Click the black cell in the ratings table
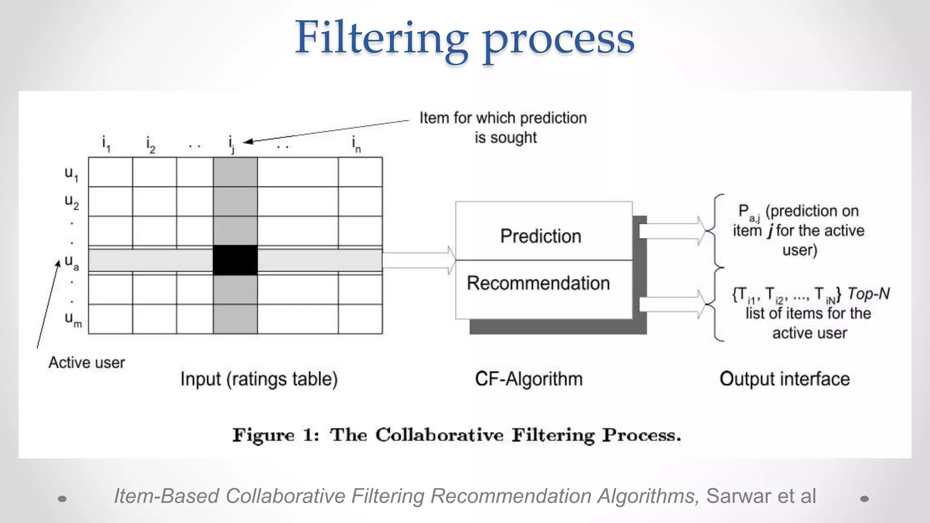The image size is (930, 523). click(x=235, y=260)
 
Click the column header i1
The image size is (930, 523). click(x=106, y=144)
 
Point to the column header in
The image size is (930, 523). click(x=356, y=144)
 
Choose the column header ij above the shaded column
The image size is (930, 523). click(x=232, y=144)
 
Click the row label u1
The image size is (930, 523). click(x=71, y=173)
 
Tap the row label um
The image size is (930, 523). click(x=73, y=319)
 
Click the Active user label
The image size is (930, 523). click(x=86, y=363)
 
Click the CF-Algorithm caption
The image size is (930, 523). click(x=529, y=379)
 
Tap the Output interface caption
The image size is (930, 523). click(x=784, y=379)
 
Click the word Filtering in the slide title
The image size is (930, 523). click(x=381, y=38)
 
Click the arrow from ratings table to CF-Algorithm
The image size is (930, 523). click(x=419, y=260)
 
